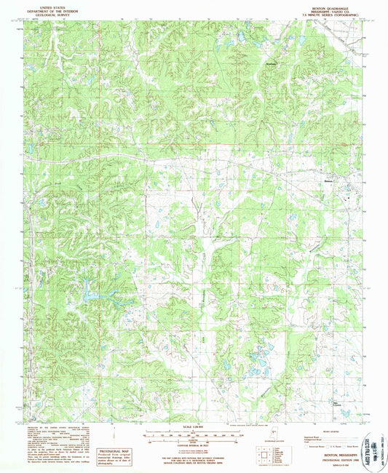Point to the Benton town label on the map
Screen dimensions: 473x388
click(328, 180)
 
